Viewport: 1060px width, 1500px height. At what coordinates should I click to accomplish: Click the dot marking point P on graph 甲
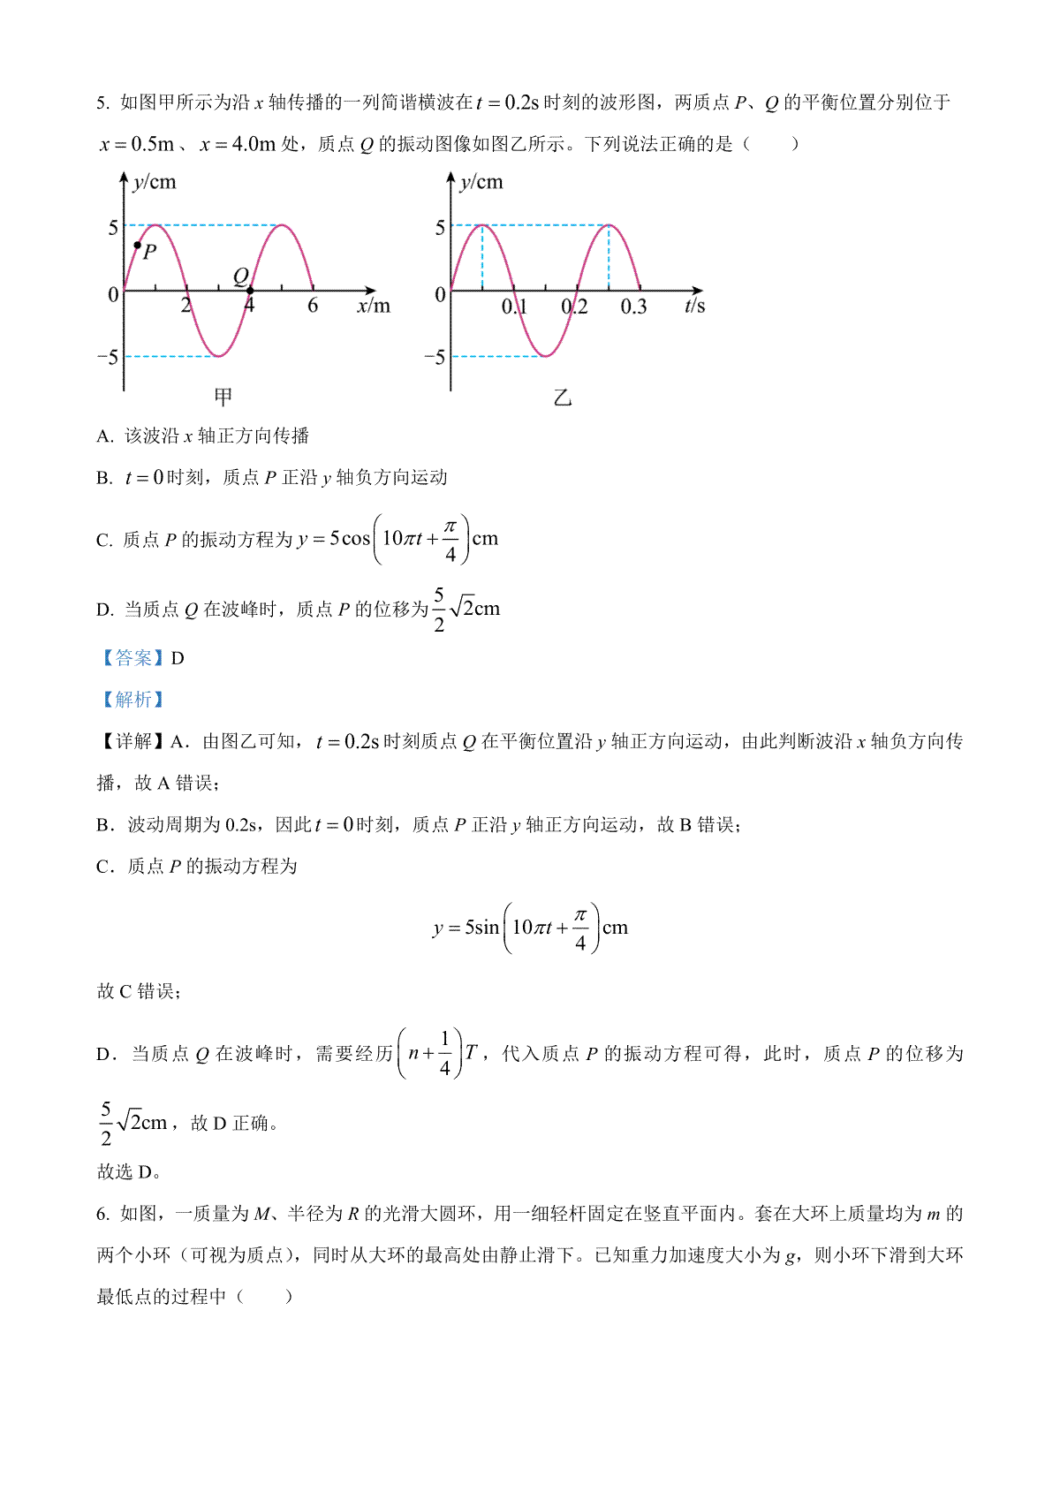(x=137, y=245)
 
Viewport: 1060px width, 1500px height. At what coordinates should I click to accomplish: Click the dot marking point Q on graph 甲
(x=250, y=290)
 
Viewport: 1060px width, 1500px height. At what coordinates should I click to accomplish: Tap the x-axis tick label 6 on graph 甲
(x=313, y=307)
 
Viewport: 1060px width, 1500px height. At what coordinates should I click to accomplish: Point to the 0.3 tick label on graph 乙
(x=633, y=307)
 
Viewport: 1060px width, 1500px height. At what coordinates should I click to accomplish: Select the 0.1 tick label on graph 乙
(x=514, y=307)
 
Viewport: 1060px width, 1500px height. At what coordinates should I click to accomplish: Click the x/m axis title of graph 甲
(x=373, y=307)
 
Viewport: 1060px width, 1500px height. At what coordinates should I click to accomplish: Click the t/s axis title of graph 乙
(x=694, y=307)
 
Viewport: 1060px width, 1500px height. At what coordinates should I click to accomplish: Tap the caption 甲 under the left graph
(x=223, y=396)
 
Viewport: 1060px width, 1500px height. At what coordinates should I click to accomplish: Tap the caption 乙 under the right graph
(x=563, y=398)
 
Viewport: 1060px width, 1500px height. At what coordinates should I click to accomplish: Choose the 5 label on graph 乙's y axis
(x=440, y=228)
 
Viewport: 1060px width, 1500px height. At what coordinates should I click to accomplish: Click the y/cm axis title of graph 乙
(x=481, y=182)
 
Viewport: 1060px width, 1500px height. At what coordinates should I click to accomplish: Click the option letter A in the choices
(x=104, y=436)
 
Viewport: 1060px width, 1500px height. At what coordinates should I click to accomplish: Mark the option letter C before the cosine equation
(x=103, y=541)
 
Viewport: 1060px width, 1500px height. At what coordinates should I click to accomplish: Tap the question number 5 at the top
(x=102, y=103)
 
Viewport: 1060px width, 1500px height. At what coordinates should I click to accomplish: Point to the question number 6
(x=102, y=1215)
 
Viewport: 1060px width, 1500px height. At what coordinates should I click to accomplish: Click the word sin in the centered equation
(x=487, y=928)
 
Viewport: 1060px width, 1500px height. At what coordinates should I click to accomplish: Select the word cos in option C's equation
(x=356, y=539)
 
